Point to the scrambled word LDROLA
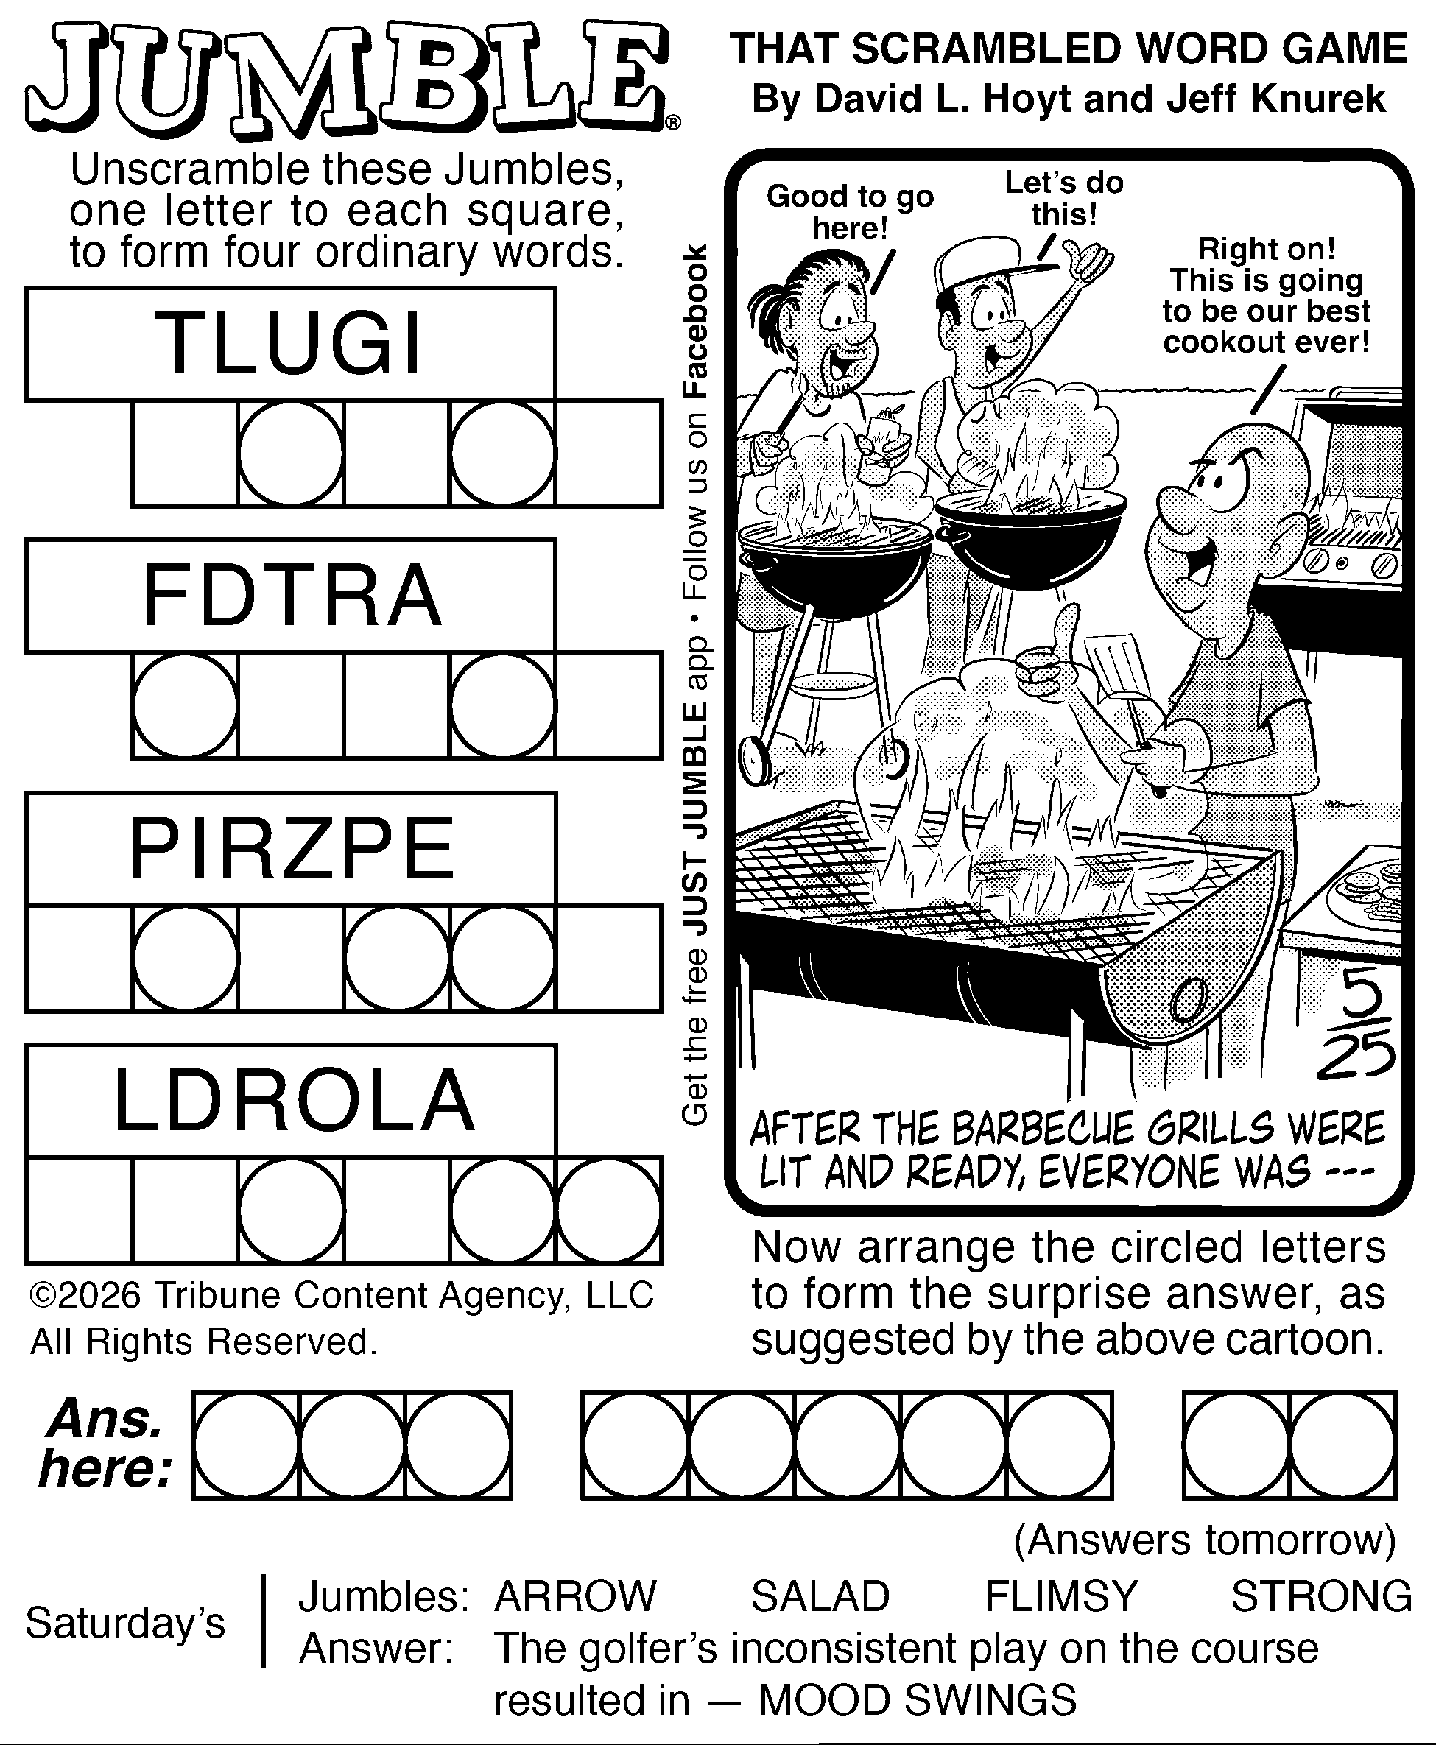(x=294, y=1100)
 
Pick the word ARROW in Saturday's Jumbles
(x=575, y=1596)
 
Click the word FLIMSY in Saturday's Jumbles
(x=1061, y=1596)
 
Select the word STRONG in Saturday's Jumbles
(x=1321, y=1596)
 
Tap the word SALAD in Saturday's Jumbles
(x=820, y=1596)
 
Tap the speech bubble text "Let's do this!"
(x=1064, y=199)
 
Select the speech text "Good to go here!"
(x=850, y=212)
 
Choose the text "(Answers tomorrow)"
(x=1204, y=1540)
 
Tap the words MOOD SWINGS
(x=918, y=1700)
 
